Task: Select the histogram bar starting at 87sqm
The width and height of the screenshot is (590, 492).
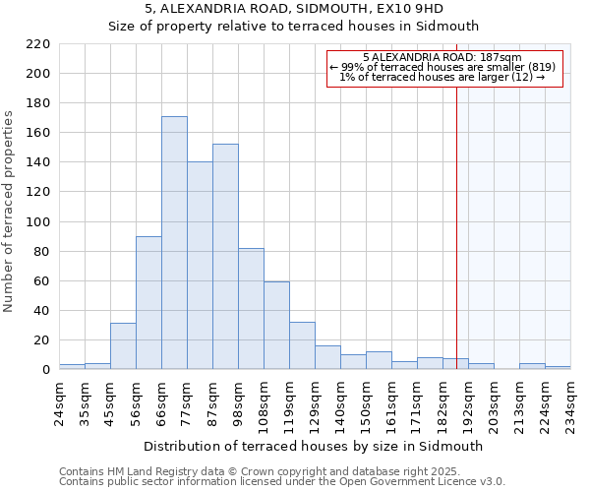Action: pyautogui.click(x=225, y=257)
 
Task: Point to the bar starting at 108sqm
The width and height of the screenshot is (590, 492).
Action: pyautogui.click(x=276, y=326)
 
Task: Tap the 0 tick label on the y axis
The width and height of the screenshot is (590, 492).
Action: pyautogui.click(x=45, y=370)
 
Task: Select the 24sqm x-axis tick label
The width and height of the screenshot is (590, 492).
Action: pyautogui.click(x=59, y=403)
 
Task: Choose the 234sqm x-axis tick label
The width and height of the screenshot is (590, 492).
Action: pyautogui.click(x=570, y=403)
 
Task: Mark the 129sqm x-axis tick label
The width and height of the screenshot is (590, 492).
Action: pyautogui.click(x=315, y=403)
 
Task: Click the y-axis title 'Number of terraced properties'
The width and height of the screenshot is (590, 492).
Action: pyautogui.click(x=10, y=212)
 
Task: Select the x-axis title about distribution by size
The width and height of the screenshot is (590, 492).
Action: pyautogui.click(x=315, y=446)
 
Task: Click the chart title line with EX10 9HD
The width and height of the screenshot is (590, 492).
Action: pyautogui.click(x=294, y=9)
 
